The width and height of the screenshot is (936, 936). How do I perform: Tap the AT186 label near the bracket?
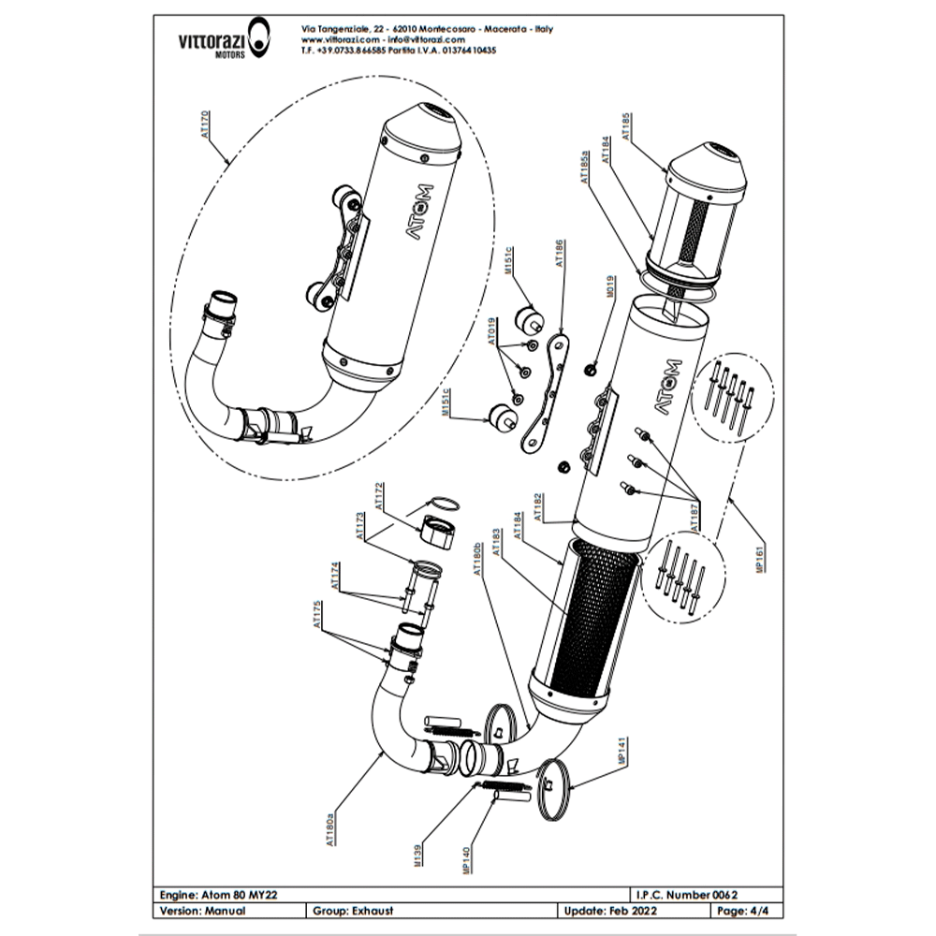pos(560,254)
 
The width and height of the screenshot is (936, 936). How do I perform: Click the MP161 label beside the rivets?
pos(760,553)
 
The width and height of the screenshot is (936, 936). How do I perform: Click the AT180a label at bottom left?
pos(329,827)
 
